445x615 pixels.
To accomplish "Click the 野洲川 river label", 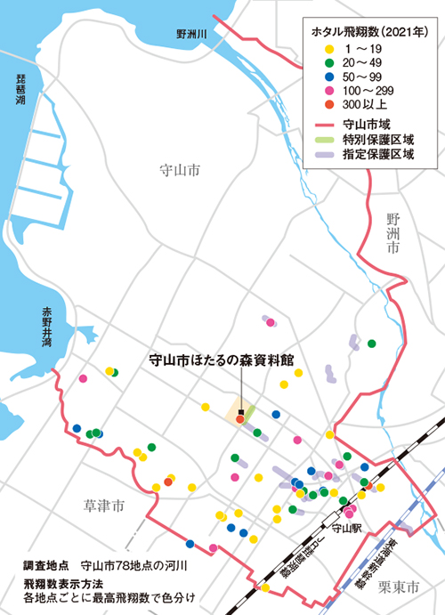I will pos(190,33).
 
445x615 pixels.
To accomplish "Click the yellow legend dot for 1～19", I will pos(329,47).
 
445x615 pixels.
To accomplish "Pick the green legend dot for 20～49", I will pos(329,62).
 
